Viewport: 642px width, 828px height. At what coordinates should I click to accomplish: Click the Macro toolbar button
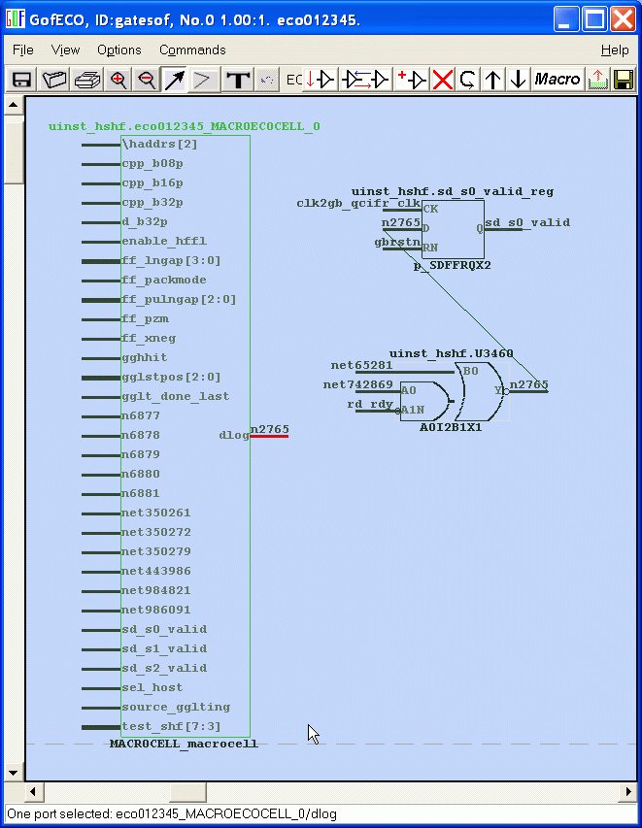point(558,80)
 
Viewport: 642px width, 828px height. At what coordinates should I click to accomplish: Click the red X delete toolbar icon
point(443,80)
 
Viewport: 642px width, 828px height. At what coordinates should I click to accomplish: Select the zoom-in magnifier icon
point(119,80)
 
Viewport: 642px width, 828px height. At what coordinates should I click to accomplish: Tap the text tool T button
point(237,80)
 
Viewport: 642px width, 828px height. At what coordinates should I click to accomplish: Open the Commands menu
point(192,50)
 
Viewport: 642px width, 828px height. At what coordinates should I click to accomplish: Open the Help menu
point(614,50)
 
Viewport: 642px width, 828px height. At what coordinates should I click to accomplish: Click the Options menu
point(118,50)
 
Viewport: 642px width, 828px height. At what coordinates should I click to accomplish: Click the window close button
point(623,18)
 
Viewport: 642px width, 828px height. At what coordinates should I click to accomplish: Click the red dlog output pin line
point(269,436)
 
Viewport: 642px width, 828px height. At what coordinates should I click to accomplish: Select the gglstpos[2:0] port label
point(171,377)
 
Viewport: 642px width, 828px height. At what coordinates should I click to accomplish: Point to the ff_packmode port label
point(163,280)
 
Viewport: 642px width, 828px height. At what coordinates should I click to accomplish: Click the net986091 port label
point(155,610)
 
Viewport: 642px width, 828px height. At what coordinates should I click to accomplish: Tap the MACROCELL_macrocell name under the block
point(184,745)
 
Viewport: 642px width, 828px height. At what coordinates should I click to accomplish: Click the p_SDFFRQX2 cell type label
point(452,265)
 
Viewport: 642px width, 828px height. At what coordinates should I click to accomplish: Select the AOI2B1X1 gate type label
point(451,427)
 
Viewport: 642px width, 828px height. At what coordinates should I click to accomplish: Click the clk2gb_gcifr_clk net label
point(357,203)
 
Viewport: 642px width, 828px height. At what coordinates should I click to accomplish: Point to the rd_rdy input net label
point(370,404)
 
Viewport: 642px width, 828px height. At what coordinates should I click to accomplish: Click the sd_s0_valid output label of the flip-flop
point(527,222)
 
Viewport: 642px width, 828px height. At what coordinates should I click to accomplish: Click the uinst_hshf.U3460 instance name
point(451,354)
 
